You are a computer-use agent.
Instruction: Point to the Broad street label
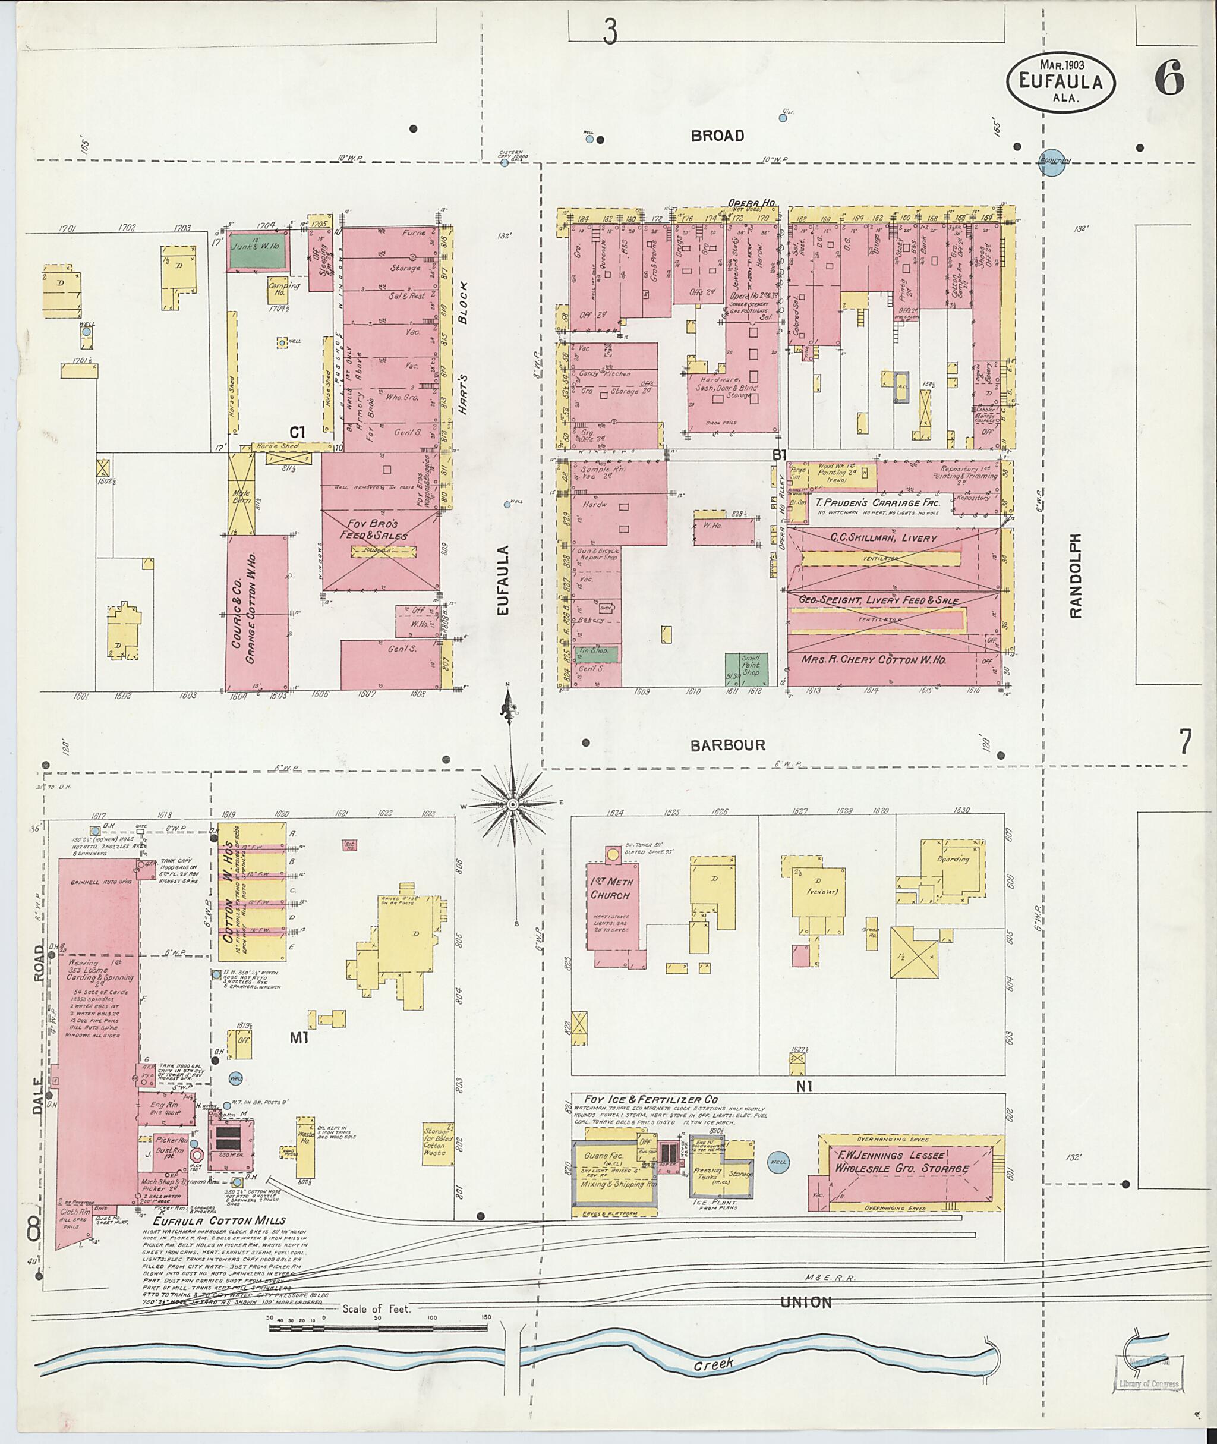717,136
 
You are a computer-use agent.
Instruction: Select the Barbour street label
728,745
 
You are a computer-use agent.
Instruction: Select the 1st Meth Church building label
610,888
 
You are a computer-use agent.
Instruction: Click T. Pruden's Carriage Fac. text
877,502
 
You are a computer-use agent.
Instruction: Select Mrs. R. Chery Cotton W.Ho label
874,659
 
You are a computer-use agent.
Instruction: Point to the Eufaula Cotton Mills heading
219,1220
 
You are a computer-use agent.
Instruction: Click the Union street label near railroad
806,1303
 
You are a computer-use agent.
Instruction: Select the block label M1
297,1037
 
